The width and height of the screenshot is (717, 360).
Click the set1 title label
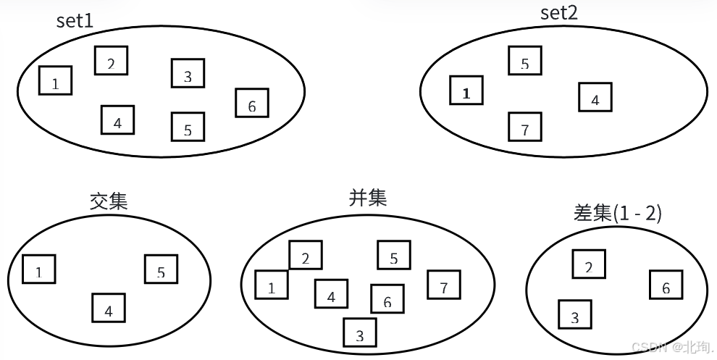click(x=75, y=20)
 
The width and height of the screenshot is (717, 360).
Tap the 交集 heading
click(x=109, y=201)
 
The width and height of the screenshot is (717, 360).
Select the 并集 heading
click(x=368, y=198)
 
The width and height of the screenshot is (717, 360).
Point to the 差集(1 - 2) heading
click(x=616, y=214)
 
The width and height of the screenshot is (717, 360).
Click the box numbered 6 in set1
click(x=251, y=103)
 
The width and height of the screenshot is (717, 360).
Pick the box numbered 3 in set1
click(x=188, y=73)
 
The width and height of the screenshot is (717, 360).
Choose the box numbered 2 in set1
click(x=111, y=60)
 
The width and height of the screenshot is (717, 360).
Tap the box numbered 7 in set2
click(x=525, y=127)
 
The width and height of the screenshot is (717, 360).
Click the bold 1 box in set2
click(x=466, y=91)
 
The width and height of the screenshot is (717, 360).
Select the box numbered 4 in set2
click(x=595, y=97)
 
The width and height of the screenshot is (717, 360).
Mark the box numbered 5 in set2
click(x=525, y=61)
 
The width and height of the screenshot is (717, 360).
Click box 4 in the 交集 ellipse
click(x=109, y=308)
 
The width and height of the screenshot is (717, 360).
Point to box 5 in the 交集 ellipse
click(x=161, y=269)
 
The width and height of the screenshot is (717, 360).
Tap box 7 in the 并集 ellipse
click(x=444, y=285)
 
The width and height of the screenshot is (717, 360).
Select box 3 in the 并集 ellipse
click(x=360, y=332)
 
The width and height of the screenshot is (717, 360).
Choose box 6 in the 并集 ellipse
click(x=387, y=298)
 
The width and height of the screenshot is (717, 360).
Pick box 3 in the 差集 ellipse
click(x=575, y=314)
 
